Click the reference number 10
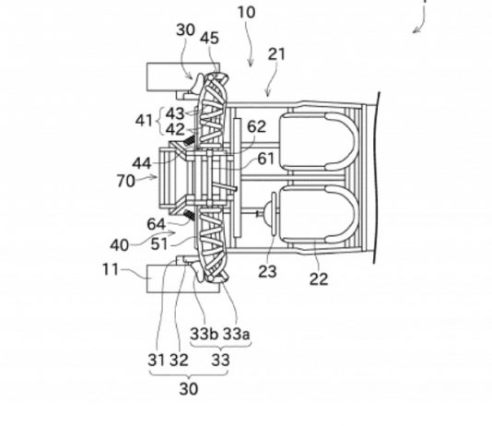pyautogui.click(x=247, y=13)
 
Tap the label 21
pyautogui.click(x=276, y=54)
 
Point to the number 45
pyautogui.click(x=209, y=39)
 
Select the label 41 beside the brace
pyautogui.click(x=144, y=121)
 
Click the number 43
pyautogui.click(x=175, y=113)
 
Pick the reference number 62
pyautogui.click(x=257, y=126)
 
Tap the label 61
pyautogui.click(x=266, y=159)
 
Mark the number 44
pyautogui.click(x=142, y=163)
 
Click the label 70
pyautogui.click(x=126, y=181)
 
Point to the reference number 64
pyautogui.click(x=156, y=224)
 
